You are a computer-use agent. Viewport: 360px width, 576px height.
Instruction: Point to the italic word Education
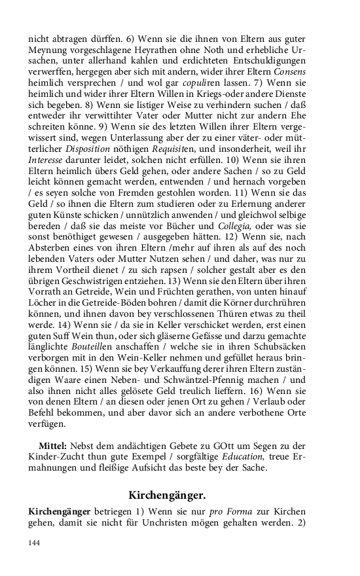240,457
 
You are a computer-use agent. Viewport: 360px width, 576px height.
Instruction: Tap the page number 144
34,543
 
